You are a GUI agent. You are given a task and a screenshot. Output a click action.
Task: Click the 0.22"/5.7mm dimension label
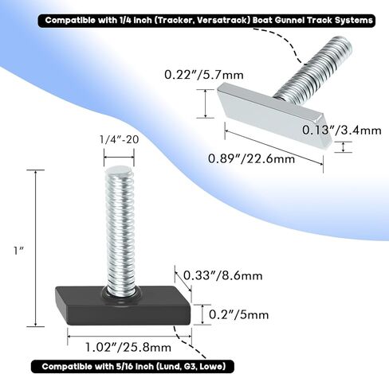click(204, 75)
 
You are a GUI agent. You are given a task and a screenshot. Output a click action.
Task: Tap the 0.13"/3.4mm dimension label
click(342, 130)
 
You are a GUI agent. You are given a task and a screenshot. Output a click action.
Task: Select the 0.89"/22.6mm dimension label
click(251, 158)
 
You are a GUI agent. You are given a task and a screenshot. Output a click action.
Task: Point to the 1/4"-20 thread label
click(120, 139)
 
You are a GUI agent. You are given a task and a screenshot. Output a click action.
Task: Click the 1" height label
click(19, 251)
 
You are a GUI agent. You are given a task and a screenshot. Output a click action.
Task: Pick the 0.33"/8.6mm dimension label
click(223, 275)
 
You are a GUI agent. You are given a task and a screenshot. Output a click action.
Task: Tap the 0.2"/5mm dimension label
click(238, 315)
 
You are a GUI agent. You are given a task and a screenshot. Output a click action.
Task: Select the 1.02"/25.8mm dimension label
click(128, 347)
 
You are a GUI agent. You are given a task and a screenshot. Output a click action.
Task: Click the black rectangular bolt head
click(123, 306)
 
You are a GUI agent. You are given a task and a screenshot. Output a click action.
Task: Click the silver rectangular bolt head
click(274, 114)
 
